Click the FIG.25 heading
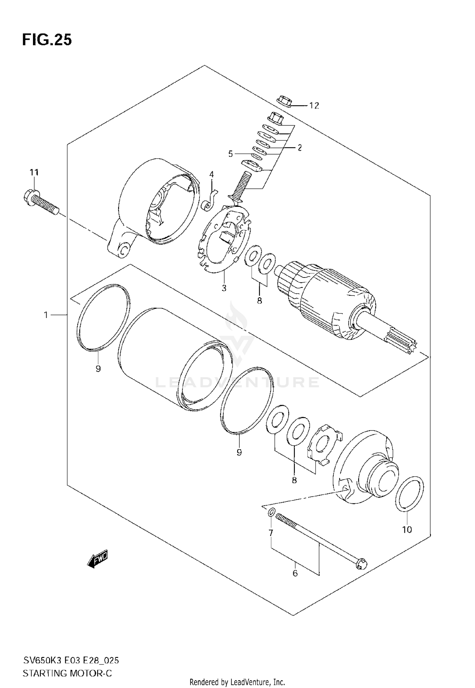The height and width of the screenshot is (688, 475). [47, 40]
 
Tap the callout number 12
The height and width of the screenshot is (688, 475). [314, 106]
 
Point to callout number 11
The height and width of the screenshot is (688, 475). [34, 173]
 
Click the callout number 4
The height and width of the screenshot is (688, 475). [211, 174]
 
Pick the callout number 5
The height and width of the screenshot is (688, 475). [231, 154]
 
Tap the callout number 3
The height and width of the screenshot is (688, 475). [224, 288]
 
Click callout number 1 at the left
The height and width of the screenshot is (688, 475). [46, 315]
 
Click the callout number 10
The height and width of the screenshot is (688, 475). [407, 529]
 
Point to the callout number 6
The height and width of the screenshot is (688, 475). [295, 573]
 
